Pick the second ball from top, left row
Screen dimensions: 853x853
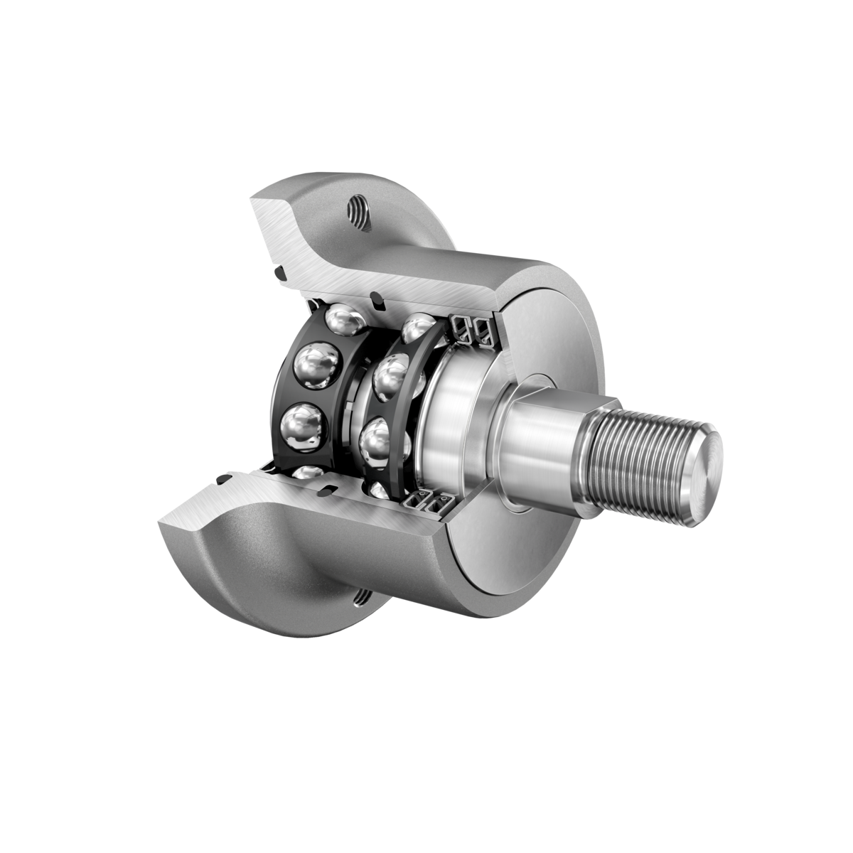click(314, 368)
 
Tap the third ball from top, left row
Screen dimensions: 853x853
click(303, 429)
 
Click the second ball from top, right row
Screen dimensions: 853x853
click(390, 377)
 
